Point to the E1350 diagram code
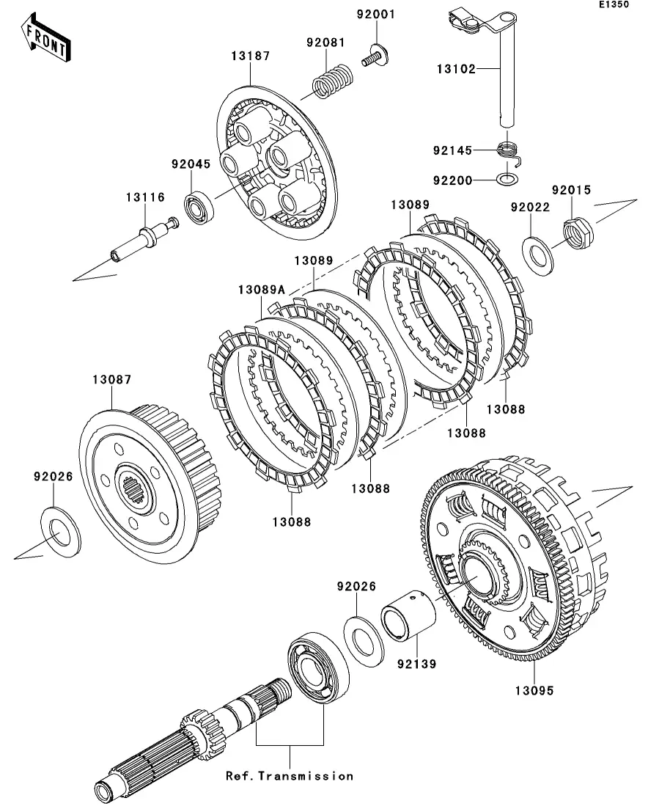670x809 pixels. tap(613, 5)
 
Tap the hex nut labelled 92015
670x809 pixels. tap(578, 230)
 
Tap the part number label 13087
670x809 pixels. tap(111, 380)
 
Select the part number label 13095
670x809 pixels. tap(533, 690)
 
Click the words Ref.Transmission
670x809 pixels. tap(289, 776)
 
